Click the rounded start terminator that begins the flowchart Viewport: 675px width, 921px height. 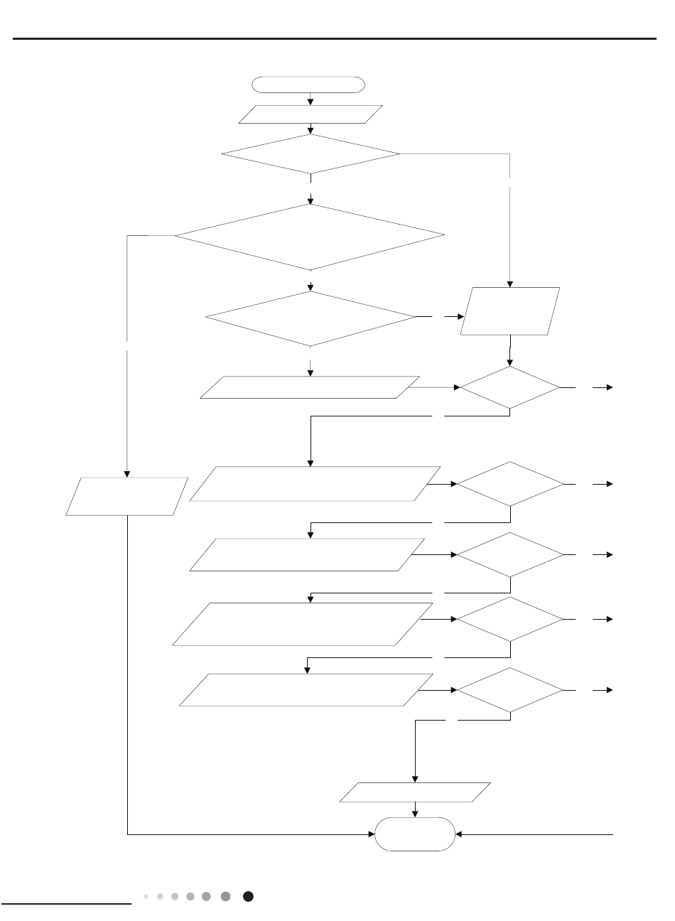coord(309,85)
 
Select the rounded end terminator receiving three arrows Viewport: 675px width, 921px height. coord(415,834)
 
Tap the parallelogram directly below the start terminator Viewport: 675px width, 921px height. coord(310,114)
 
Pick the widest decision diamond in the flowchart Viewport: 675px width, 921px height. coord(310,237)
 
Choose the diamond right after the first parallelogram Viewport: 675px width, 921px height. coord(310,153)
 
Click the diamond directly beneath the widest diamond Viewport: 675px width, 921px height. coord(310,318)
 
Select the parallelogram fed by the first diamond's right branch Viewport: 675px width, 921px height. coord(510,311)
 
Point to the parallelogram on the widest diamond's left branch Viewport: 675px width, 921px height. coord(127,496)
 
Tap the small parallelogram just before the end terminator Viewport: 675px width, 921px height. coord(415,792)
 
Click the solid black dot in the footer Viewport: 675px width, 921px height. coord(248,897)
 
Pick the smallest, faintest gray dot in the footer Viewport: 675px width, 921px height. coord(146,897)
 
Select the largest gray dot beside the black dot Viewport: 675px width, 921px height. coord(225,897)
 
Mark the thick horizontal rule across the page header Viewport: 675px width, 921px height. coord(337,39)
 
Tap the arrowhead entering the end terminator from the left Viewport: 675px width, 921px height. coord(371,834)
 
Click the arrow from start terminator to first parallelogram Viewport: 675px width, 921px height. coord(310,99)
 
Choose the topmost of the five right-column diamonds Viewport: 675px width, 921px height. coord(509,388)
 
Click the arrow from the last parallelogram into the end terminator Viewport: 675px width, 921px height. coord(415,809)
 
